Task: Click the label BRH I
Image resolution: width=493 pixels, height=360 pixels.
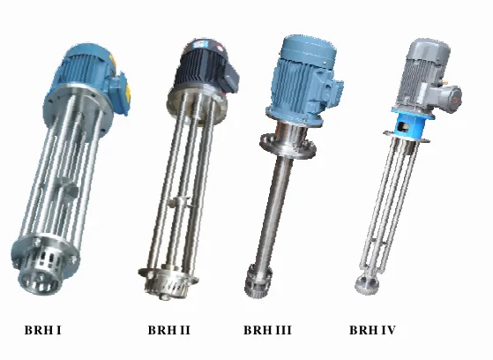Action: tap(42, 330)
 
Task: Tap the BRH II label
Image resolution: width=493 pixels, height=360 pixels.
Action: tap(169, 330)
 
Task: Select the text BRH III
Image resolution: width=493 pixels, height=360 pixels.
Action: tap(267, 330)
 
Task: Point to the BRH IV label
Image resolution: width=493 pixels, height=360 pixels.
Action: tap(372, 330)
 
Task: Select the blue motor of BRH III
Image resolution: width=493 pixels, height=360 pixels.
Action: tap(302, 79)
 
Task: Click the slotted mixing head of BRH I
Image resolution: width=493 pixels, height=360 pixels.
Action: tap(42, 267)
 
